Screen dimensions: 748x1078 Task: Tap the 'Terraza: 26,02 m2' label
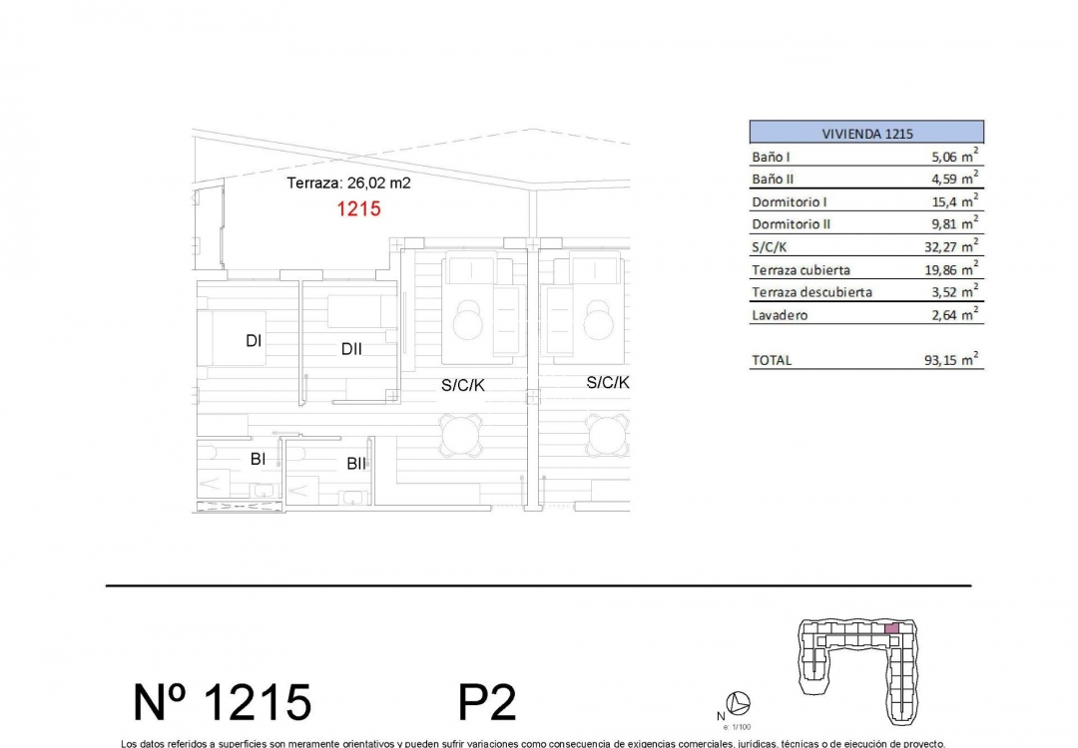pyautogui.click(x=348, y=184)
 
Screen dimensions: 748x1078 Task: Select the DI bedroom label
pyautogui.click(x=254, y=341)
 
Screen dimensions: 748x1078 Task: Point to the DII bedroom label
pyautogui.click(x=350, y=349)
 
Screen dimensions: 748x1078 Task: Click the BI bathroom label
pyautogui.click(x=258, y=459)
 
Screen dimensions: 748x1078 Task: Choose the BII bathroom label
pyautogui.click(x=356, y=464)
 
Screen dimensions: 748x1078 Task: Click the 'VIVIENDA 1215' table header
pyautogui.click(x=866, y=133)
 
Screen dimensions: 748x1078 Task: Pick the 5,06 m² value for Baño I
pyautogui.click(x=949, y=157)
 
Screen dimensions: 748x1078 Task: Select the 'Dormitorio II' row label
pyautogui.click(x=791, y=224)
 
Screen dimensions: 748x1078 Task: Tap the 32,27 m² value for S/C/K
pyautogui.click(x=949, y=246)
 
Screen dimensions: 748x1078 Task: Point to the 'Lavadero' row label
pyautogui.click(x=780, y=316)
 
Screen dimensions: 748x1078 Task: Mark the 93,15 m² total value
pyautogui.click(x=949, y=361)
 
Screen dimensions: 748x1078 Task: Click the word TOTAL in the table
pyautogui.click(x=771, y=361)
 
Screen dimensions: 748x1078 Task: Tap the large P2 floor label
pyautogui.click(x=487, y=703)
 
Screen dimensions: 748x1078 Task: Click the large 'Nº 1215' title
pyautogui.click(x=223, y=703)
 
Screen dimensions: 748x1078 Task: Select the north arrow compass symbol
pyautogui.click(x=740, y=703)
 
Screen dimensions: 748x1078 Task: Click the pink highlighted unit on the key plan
pyautogui.click(x=893, y=628)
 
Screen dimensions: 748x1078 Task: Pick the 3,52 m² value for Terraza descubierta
pyautogui.click(x=949, y=293)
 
